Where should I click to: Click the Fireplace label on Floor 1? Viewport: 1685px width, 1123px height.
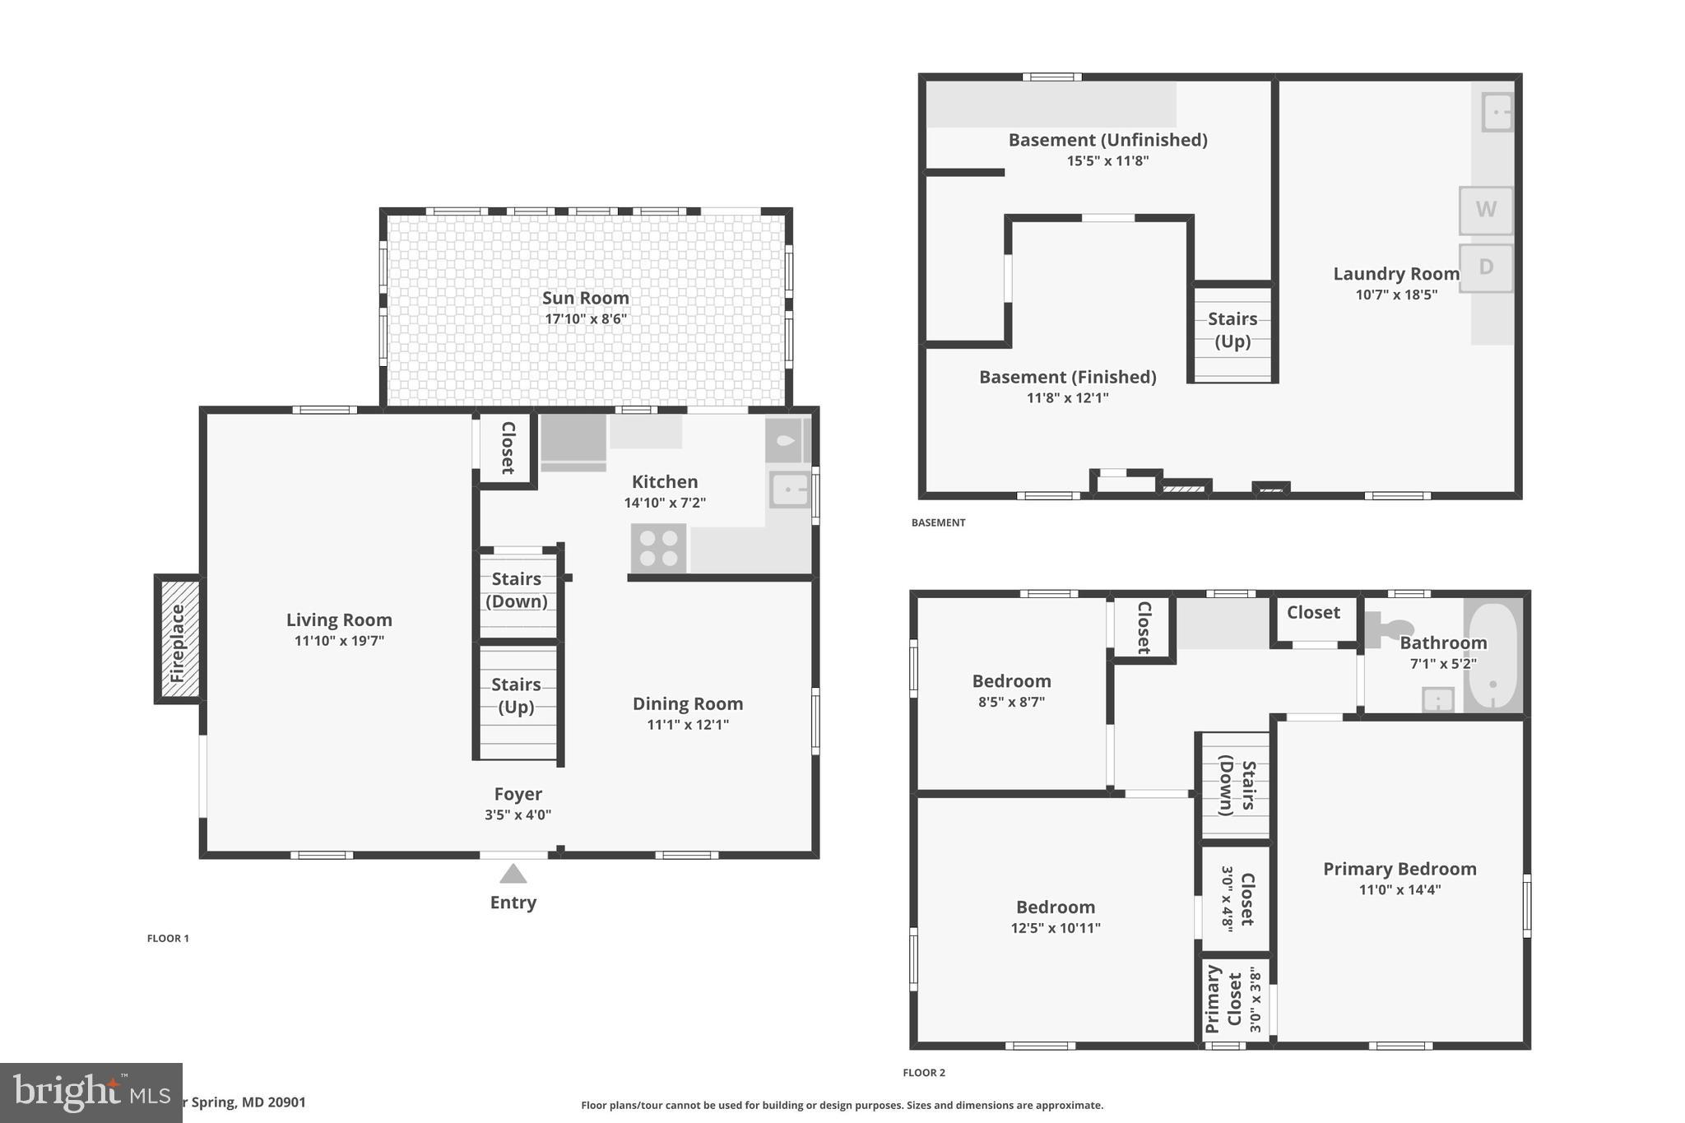coord(177,643)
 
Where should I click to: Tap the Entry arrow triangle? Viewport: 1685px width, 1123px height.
coord(513,874)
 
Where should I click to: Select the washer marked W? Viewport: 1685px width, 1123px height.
coord(1485,210)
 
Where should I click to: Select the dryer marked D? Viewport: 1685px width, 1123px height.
coord(1485,267)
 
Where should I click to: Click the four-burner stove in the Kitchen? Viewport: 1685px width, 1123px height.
coord(658,548)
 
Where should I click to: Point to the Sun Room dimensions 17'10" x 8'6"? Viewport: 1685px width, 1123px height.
coord(586,319)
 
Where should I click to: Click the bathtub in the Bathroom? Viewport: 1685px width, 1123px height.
coord(1492,656)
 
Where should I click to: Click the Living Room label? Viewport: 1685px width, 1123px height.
coord(339,620)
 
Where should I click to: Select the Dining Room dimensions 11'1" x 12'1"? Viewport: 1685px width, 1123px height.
coord(688,725)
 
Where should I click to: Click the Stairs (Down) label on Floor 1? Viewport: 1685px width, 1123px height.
coord(517,590)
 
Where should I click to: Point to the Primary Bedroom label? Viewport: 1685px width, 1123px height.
coord(1400,869)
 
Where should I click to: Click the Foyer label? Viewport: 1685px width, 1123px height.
coord(518,794)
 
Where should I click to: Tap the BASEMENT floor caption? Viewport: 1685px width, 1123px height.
coord(938,522)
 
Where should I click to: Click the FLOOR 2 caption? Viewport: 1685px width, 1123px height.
coord(924,1073)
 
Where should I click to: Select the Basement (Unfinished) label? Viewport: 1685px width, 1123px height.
coord(1107,140)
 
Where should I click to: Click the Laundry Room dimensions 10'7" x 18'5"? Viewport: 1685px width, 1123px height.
coord(1396,295)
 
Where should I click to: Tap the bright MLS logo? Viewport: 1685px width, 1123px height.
coord(91,1092)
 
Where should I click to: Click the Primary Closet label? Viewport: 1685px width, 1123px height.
coord(1223,1000)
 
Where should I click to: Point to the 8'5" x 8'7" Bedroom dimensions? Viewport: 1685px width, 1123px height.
coord(1011,702)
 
